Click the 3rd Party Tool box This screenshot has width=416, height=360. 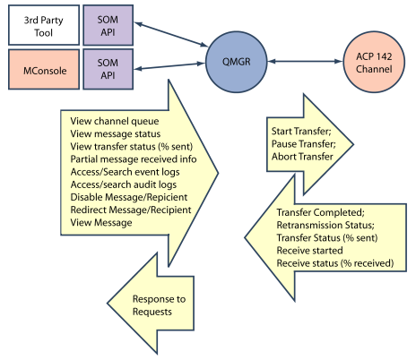pos(44,25)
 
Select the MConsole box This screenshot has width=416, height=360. pos(44,69)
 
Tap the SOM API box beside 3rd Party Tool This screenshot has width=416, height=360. pos(108,25)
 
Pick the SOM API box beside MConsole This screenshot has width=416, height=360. pos(108,69)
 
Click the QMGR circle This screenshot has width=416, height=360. pos(236,62)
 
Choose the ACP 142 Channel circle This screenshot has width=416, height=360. pos(374,62)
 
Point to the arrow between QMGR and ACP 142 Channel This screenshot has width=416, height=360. pos(305,62)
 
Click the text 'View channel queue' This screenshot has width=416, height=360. pos(115,121)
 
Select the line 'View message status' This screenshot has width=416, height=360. pos(116,134)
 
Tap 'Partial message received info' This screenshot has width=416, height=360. pos(134,159)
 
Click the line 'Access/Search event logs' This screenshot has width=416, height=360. pos(125,172)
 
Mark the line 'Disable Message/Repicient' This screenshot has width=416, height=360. pos(129,197)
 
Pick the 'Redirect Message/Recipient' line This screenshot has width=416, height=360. pos(131,210)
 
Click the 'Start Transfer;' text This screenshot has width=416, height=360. pos(301,131)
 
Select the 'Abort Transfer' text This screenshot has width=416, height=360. pos(302,157)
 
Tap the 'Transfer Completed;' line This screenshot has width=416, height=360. pos(320,212)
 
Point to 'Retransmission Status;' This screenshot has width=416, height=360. pos(325,225)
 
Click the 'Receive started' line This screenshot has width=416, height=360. pos(309,251)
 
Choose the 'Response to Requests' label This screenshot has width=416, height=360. pos(159,305)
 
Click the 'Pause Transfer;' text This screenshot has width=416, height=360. pos(304,144)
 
